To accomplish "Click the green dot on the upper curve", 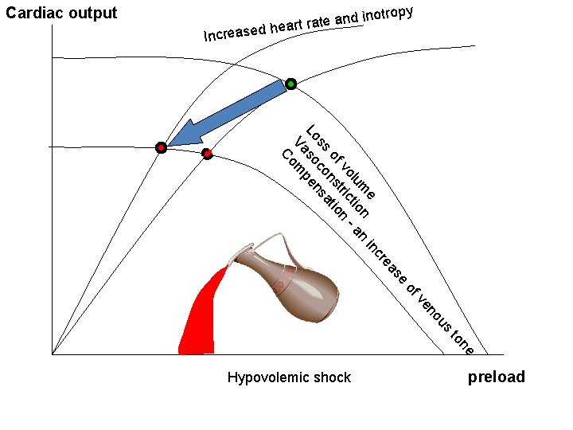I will (291, 84).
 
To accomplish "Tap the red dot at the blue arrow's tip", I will (161, 147).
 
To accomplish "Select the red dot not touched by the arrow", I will (207, 152).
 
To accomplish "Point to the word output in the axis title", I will (93, 13).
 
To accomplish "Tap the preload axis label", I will (496, 377).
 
